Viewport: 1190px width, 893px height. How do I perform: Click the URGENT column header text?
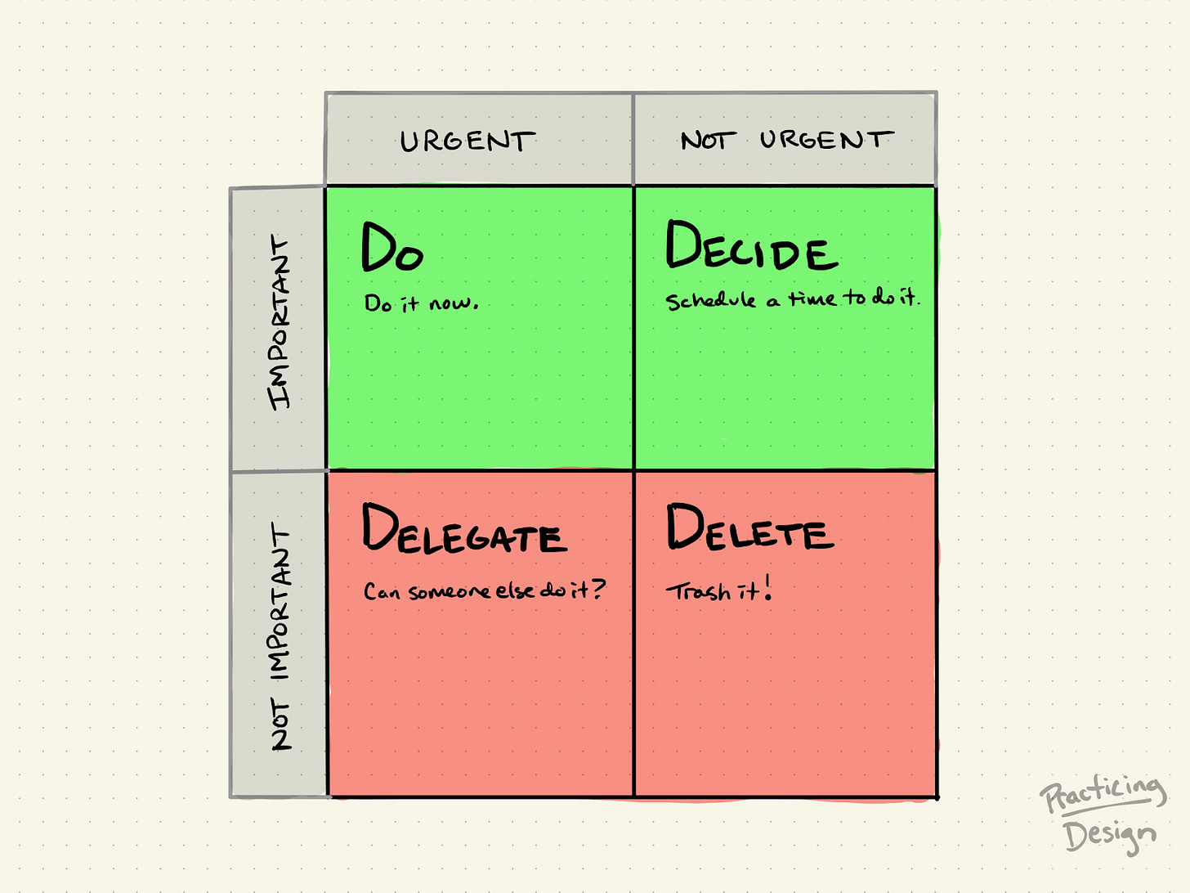point(467,141)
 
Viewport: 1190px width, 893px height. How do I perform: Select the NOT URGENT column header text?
point(786,141)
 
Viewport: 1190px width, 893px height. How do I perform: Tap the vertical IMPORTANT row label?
point(280,323)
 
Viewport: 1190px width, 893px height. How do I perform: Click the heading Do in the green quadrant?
point(392,248)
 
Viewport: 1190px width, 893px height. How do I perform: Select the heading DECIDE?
point(751,246)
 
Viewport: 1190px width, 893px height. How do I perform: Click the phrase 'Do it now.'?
point(421,303)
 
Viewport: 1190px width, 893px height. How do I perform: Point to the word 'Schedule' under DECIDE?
point(710,300)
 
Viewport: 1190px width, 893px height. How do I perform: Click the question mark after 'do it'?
point(597,588)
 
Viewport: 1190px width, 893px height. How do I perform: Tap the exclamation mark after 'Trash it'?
point(767,588)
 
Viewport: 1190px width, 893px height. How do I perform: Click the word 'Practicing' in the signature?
point(1103,793)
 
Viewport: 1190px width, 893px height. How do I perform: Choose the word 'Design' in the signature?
point(1109,836)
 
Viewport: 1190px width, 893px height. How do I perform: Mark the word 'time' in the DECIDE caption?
point(812,299)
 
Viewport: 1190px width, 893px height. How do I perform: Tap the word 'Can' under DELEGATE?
point(382,591)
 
